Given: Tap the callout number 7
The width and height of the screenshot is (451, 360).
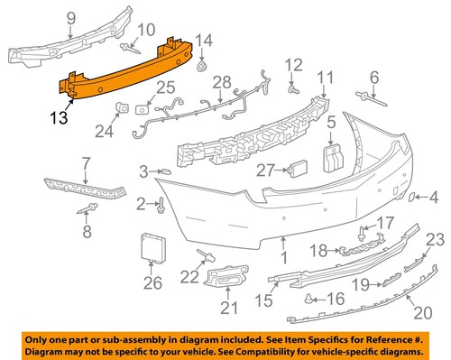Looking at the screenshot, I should click(87, 163).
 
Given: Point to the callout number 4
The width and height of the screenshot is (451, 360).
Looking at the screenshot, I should click(434, 196).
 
